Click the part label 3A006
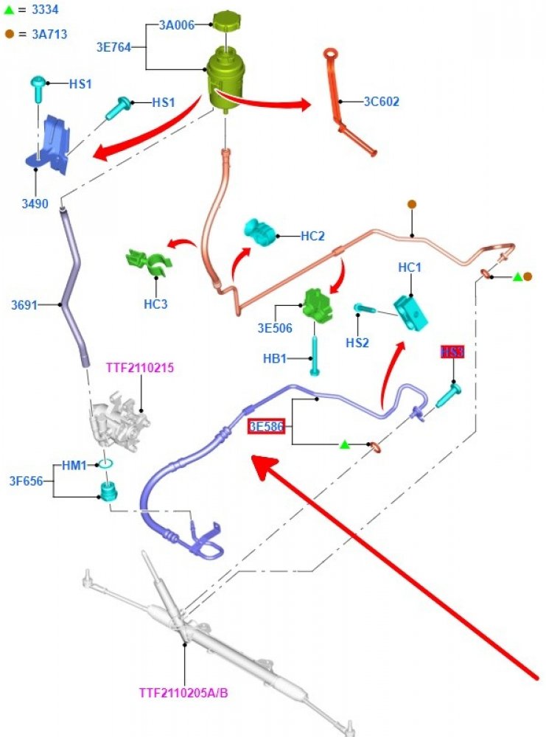pyautogui.click(x=176, y=24)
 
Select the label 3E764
pyautogui.click(x=113, y=46)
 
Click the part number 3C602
pyautogui.click(x=382, y=102)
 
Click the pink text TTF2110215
pyautogui.click(x=140, y=367)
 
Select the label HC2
pyautogui.click(x=313, y=237)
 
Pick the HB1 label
pyautogui.click(x=276, y=359)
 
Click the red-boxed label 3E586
pyautogui.click(x=266, y=426)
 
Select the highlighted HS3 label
pyautogui.click(x=452, y=352)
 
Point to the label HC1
pyautogui.click(x=410, y=268)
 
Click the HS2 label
pyautogui.click(x=358, y=343)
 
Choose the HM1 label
pyautogui.click(x=74, y=466)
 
